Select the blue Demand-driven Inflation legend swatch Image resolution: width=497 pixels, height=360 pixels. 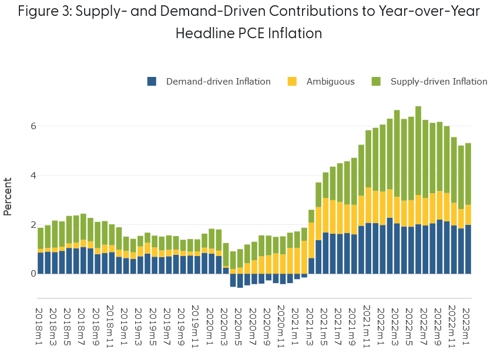[x=152, y=82]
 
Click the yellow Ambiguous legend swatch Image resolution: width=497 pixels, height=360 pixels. [x=292, y=82]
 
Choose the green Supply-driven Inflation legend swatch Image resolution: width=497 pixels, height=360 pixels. [x=376, y=82]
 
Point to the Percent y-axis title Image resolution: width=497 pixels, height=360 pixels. [x=8, y=197]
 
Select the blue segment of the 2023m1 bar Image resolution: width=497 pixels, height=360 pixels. [x=468, y=249]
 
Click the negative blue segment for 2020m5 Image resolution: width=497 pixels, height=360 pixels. [x=240, y=280]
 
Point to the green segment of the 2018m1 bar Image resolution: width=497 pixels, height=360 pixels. [x=41, y=238]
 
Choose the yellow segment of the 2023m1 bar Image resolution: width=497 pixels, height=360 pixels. [x=468, y=214]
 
